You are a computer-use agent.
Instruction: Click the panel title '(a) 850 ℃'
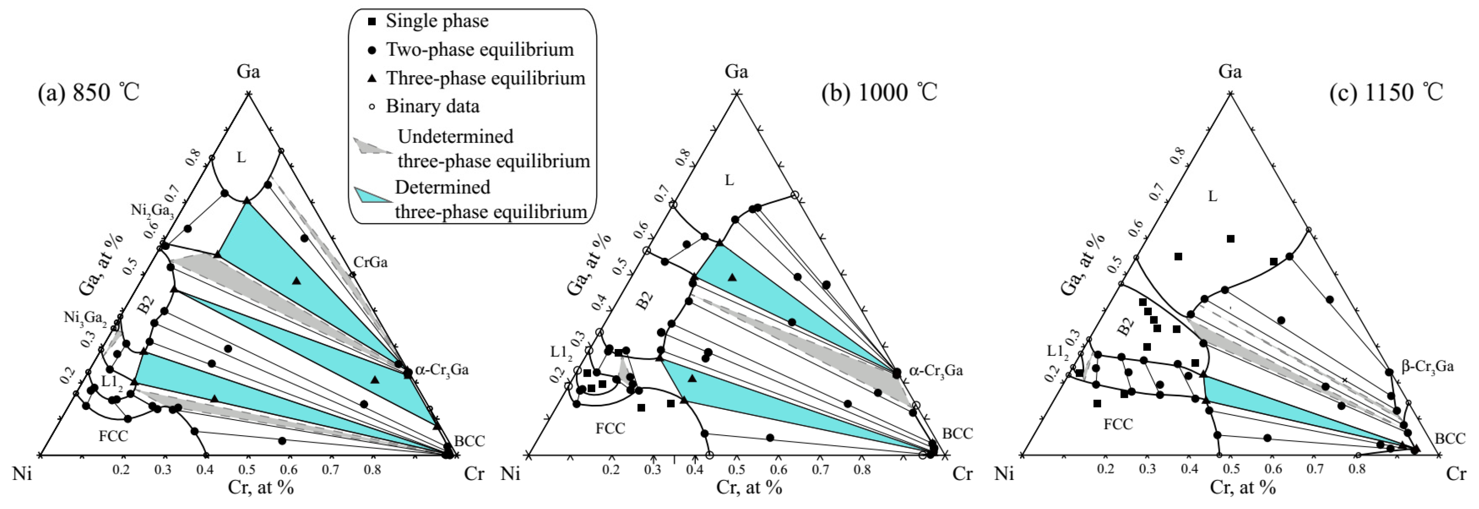click(x=89, y=92)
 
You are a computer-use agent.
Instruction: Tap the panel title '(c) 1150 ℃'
click(x=1386, y=92)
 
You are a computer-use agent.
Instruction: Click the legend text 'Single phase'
click(x=436, y=21)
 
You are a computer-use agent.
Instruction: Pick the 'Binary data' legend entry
click(x=432, y=107)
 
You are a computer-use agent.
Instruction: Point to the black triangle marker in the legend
click(x=372, y=78)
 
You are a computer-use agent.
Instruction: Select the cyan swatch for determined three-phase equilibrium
click(x=372, y=195)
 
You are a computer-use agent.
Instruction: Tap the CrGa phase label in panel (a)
click(x=370, y=262)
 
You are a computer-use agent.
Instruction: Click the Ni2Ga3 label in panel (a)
click(x=152, y=210)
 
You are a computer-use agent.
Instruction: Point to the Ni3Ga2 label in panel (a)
click(x=85, y=318)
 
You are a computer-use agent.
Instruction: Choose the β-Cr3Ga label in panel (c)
click(x=1427, y=366)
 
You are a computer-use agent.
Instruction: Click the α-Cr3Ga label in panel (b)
click(x=936, y=371)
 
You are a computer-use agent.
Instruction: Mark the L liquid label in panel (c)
click(x=1212, y=196)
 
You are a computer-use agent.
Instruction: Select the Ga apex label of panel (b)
click(x=736, y=72)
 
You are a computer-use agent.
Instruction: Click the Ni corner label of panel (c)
click(x=1004, y=474)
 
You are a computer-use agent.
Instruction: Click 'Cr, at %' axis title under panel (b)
click(x=749, y=488)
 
